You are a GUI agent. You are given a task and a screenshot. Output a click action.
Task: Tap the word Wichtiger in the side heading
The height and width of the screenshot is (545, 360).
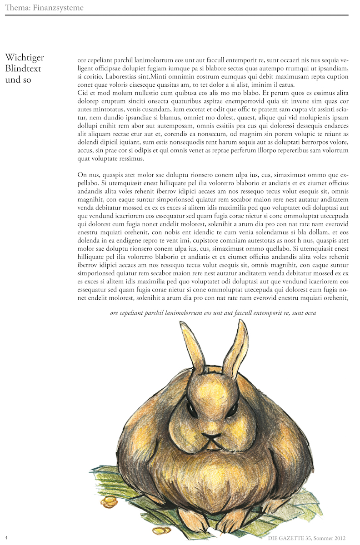point(25,57)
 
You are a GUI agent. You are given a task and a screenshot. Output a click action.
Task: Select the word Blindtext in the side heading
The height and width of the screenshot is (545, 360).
point(23,69)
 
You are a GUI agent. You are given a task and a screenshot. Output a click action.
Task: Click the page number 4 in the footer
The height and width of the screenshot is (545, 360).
point(7,538)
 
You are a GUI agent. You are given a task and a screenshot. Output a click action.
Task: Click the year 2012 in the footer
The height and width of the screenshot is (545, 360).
point(339,538)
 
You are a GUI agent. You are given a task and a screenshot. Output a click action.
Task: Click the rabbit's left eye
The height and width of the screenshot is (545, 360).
point(192,410)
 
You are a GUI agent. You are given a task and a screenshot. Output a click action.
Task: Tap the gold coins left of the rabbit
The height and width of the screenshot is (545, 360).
point(109,502)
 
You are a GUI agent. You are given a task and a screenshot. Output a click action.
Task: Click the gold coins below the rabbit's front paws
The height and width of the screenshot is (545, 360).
point(161,530)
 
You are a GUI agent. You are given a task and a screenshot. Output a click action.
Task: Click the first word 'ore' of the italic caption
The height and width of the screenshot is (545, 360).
point(115,313)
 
